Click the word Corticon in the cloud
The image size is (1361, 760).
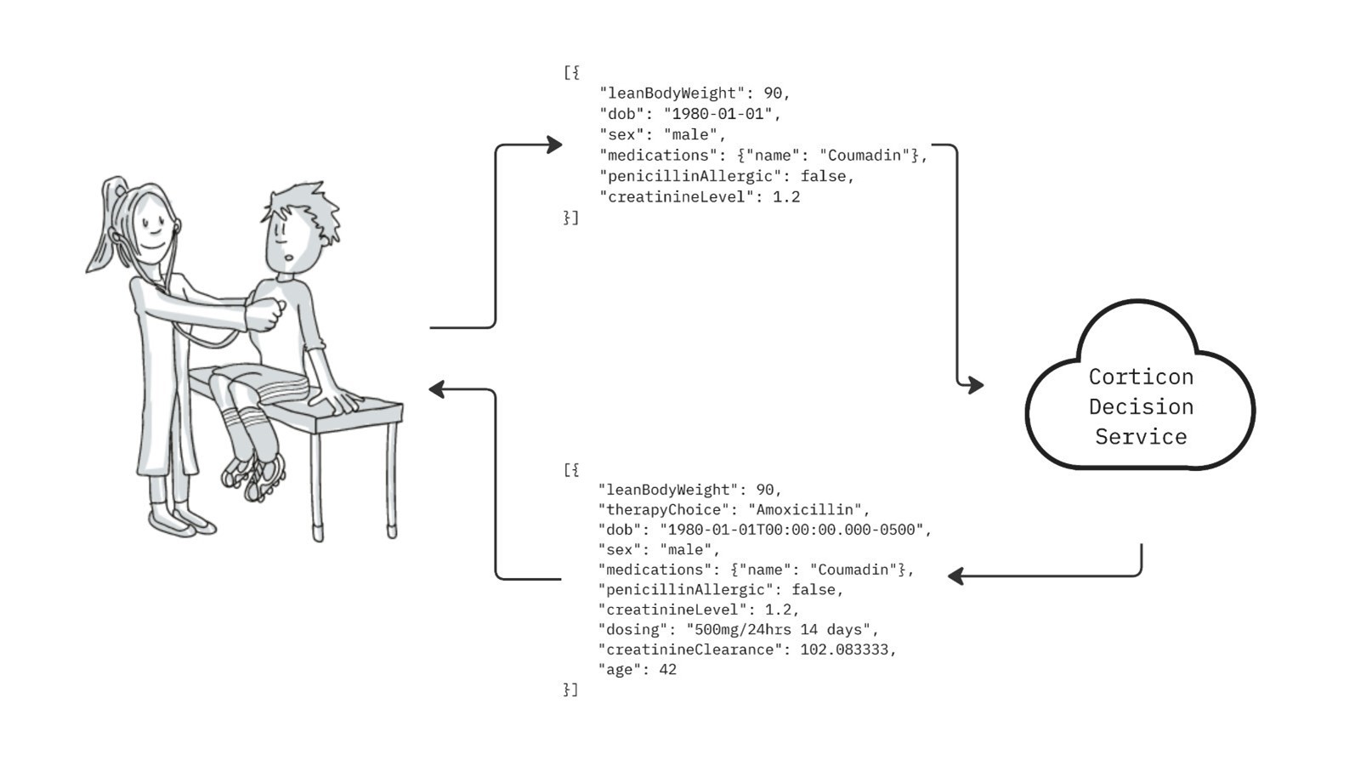click(1141, 377)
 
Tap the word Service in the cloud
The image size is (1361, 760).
click(1141, 437)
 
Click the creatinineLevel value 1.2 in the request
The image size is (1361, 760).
click(786, 197)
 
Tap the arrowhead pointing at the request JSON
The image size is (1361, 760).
click(554, 145)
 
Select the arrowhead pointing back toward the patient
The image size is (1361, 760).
click(438, 389)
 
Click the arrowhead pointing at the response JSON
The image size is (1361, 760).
click(956, 576)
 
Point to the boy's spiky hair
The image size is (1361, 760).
click(306, 204)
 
